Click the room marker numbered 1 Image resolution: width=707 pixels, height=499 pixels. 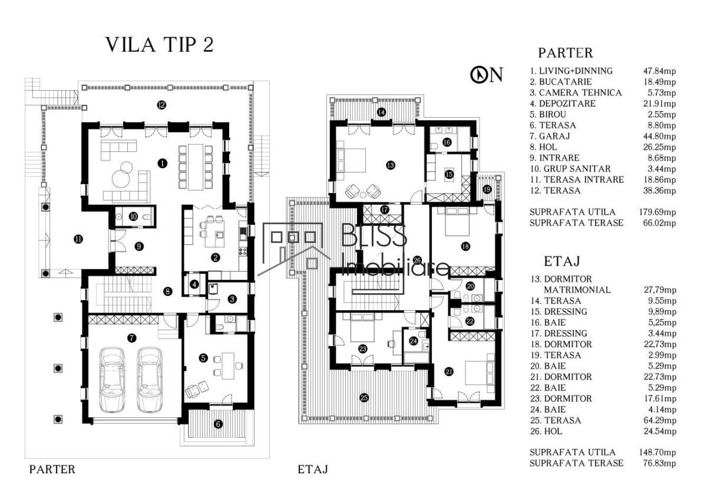pos(162,163)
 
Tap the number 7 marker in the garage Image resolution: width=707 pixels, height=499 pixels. pos(131,338)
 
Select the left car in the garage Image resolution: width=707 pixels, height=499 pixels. pos(112,380)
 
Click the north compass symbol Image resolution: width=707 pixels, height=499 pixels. pos(479,75)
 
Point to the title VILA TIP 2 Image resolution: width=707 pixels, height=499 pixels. pos(160,45)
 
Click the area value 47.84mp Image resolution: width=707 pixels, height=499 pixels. pos(660,71)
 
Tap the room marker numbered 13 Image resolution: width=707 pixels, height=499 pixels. pos(391,165)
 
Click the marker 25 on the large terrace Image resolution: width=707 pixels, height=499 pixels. pos(364,398)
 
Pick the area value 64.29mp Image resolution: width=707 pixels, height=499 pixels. pos(660,421)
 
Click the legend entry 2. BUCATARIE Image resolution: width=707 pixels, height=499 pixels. pos(561,82)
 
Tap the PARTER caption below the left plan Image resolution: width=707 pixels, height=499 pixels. pos(52,470)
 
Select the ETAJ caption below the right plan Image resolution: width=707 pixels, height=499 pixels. pos(313,470)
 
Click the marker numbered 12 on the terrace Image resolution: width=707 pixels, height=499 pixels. pos(161,105)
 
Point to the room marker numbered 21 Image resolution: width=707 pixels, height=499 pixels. pos(449,372)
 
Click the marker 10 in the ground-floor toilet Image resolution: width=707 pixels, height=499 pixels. pos(134,216)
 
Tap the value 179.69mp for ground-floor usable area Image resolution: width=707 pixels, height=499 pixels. pos(658,212)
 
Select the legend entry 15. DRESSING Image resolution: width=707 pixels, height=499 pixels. pos(559,312)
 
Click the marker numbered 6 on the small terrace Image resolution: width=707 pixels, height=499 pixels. pos(218,424)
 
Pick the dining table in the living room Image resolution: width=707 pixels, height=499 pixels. pos(196,167)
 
